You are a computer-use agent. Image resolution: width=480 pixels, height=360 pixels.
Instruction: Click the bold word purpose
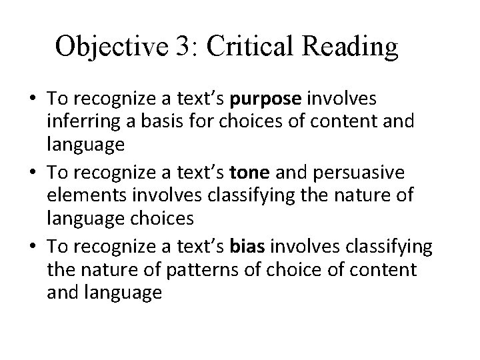266,99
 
